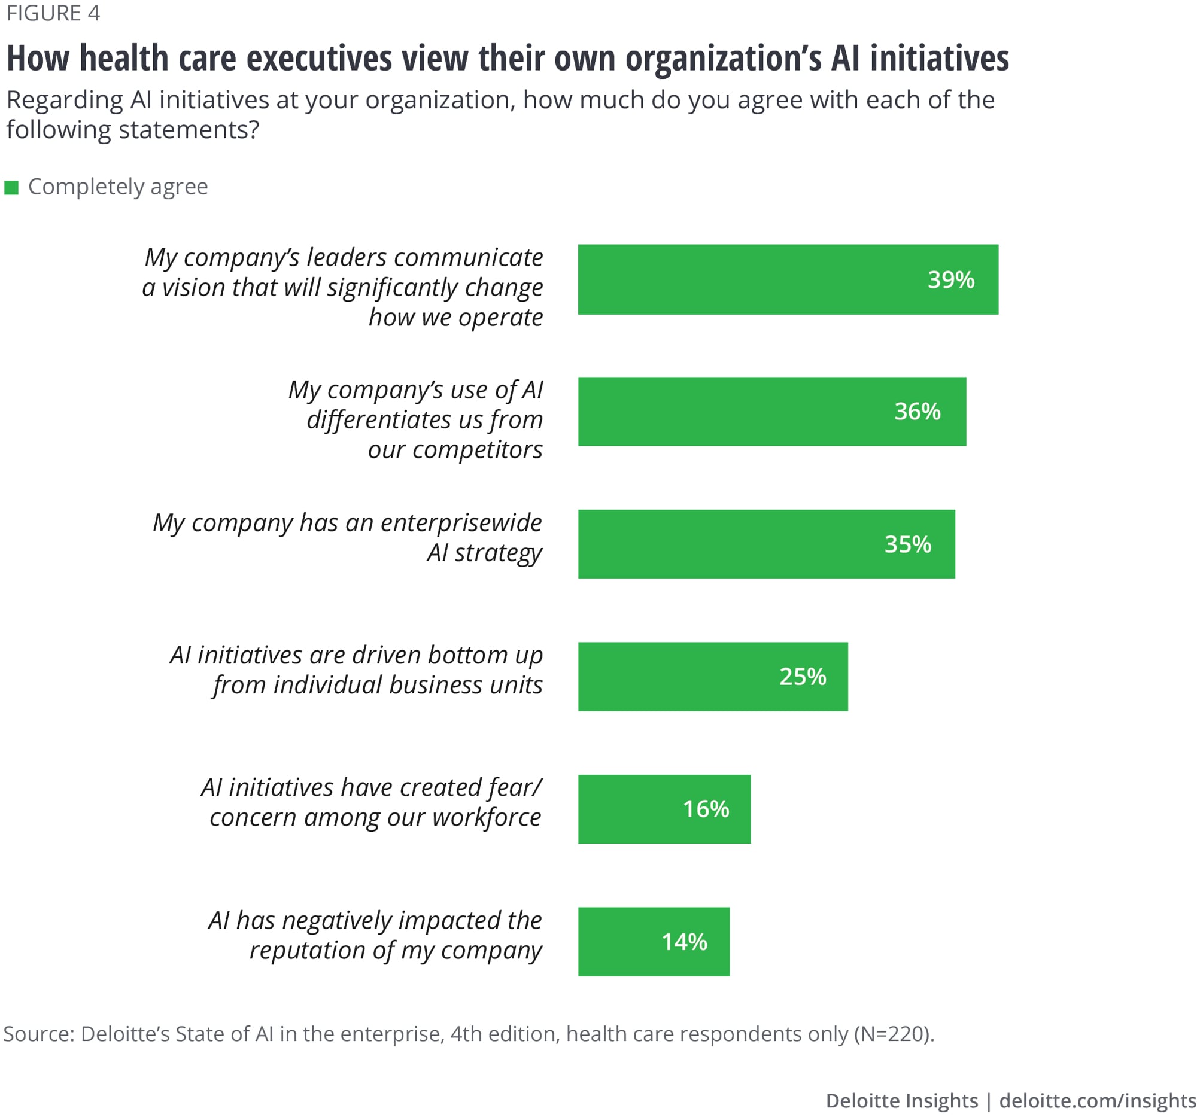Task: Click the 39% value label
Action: click(950, 280)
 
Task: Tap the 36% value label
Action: click(917, 412)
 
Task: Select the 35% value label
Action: click(907, 544)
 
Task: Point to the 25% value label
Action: click(803, 677)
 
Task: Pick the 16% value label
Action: click(706, 809)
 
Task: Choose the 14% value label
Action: click(684, 942)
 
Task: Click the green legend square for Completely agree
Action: click(11, 188)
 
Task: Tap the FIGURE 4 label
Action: click(53, 13)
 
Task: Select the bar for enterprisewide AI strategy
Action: click(766, 544)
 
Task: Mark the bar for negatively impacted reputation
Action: click(654, 942)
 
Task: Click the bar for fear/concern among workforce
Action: click(664, 809)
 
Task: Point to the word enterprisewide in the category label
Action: click(461, 522)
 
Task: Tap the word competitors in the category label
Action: click(477, 449)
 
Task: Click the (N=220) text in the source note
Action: click(894, 1033)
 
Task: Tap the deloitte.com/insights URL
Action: click(1097, 1101)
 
